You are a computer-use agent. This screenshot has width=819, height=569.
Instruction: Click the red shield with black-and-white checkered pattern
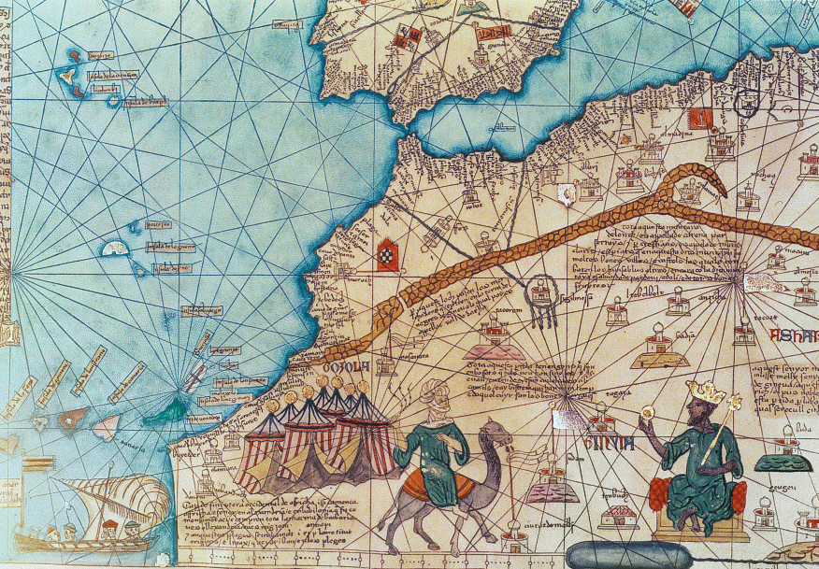click(x=386, y=252)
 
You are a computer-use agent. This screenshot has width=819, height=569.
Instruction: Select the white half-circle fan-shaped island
click(x=114, y=248)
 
